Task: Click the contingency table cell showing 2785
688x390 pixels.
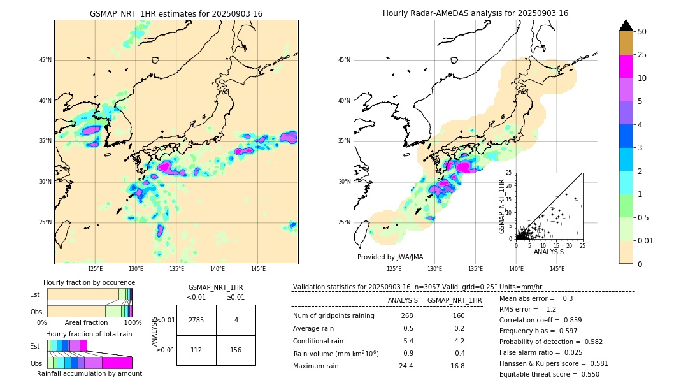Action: [x=196, y=320]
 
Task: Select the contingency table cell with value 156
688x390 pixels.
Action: [x=236, y=350]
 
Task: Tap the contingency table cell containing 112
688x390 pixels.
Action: [x=196, y=350]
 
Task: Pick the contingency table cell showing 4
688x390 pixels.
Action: [x=236, y=320]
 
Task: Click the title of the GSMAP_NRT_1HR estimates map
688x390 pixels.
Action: [x=176, y=13]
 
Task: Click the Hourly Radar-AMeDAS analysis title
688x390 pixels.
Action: [x=475, y=13]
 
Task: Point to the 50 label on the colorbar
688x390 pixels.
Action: [x=642, y=32]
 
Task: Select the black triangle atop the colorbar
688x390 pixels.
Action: [x=626, y=25]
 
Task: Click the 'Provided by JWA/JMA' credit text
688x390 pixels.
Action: [x=390, y=257]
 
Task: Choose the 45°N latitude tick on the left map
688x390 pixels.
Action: [x=45, y=60]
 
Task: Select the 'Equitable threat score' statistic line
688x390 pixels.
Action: [x=549, y=374]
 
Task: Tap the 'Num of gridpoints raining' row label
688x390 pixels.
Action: [x=333, y=316]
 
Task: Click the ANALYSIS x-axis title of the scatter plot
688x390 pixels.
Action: [x=548, y=252]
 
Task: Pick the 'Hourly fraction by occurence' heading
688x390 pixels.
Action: [x=89, y=282]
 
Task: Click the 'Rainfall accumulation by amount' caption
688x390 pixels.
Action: [x=89, y=374]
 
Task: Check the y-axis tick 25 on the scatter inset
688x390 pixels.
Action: [x=509, y=173]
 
